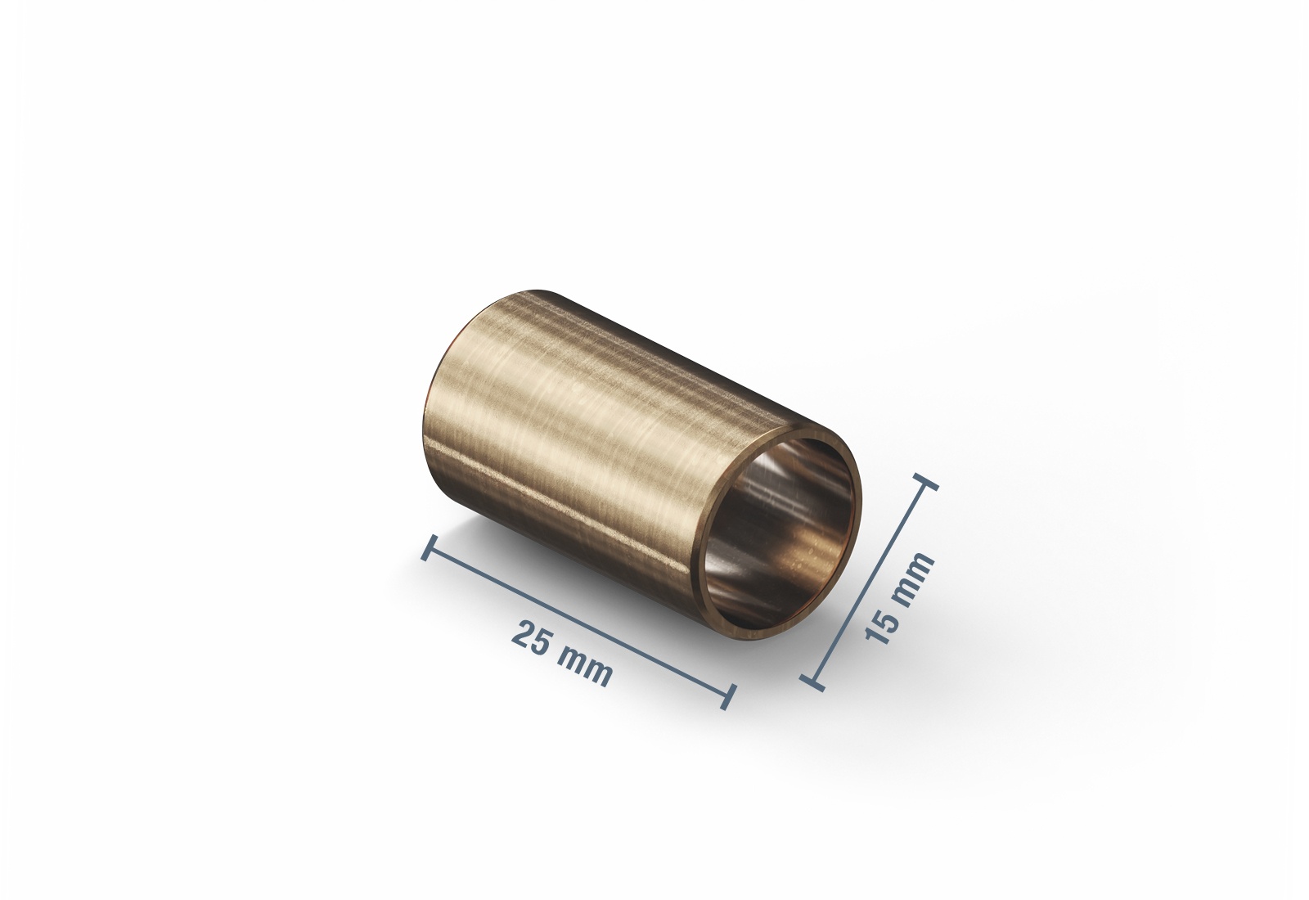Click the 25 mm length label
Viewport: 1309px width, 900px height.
pyautogui.click(x=562, y=655)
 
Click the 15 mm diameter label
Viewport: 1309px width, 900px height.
pyautogui.click(x=899, y=598)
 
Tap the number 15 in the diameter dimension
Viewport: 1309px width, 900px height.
pyautogui.click(x=883, y=625)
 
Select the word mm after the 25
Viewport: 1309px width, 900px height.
pyautogui.click(x=585, y=667)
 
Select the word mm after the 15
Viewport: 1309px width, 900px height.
pyautogui.click(x=914, y=575)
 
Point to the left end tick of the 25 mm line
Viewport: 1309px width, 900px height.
pyautogui.click(x=430, y=547)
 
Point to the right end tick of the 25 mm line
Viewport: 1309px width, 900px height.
pyautogui.click(x=727, y=695)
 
